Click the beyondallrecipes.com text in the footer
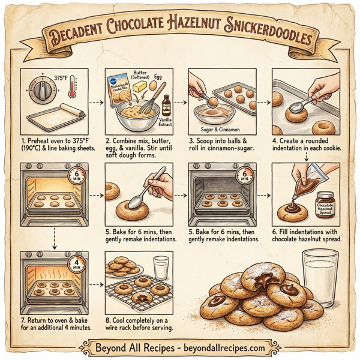[219, 347]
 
